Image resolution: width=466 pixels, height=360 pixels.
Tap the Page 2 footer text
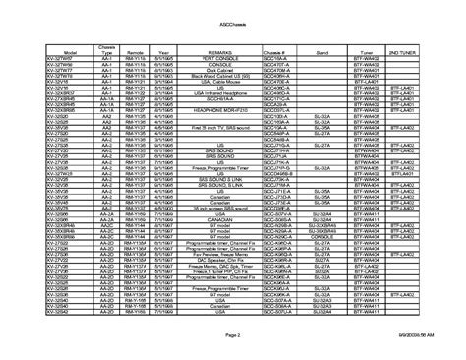[232, 335]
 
